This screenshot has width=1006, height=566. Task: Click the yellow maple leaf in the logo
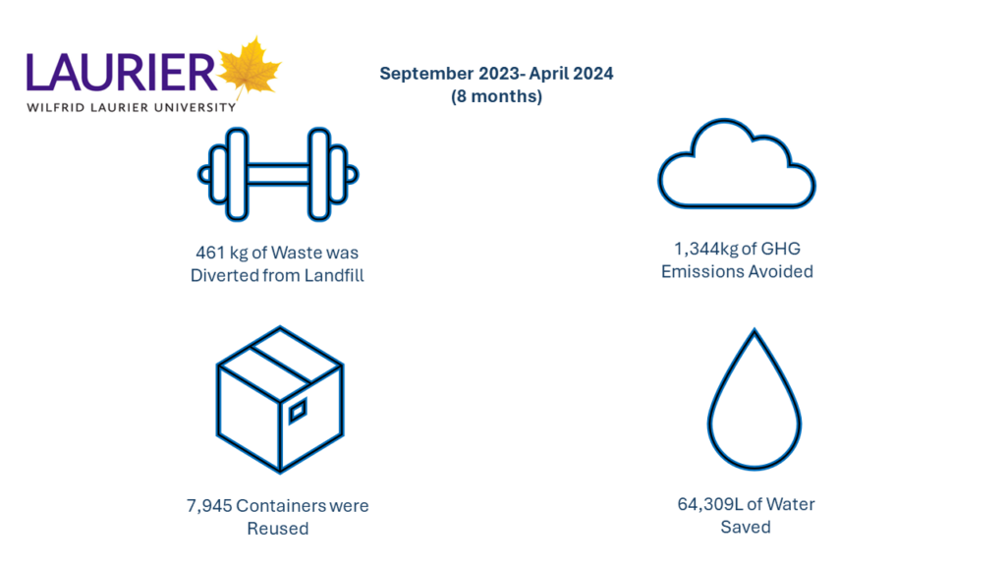point(249,70)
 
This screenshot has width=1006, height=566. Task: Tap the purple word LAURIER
point(122,73)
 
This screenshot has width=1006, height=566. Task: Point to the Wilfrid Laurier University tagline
point(132,107)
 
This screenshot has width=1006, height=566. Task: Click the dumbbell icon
point(278,174)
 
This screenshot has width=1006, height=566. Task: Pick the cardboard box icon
point(280,399)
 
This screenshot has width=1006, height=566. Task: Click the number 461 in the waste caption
point(210,253)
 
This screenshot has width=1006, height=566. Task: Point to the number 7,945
point(209,506)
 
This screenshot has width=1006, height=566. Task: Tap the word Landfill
point(334,275)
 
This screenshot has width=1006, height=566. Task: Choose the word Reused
point(278,528)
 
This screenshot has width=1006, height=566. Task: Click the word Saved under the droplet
point(746,527)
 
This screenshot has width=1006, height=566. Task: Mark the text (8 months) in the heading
point(496,96)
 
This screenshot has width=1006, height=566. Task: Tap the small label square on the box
point(298,412)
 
